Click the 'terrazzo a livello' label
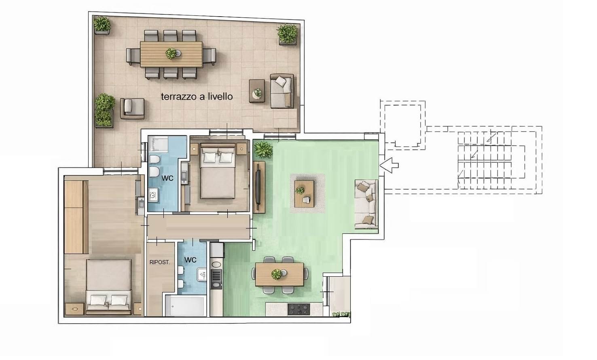[x=197, y=96]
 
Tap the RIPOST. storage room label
[x=159, y=263]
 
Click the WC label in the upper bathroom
[x=167, y=178]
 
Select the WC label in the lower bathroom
[x=190, y=260]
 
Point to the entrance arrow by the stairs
[x=389, y=165]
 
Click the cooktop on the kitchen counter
[x=299, y=309]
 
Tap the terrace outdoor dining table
[x=171, y=54]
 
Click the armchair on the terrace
[x=132, y=108]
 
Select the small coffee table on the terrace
[x=257, y=91]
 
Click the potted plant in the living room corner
[x=263, y=150]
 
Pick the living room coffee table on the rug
[x=304, y=194]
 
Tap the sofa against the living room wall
[x=366, y=204]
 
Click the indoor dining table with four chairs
[x=279, y=275]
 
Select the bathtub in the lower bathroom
[x=184, y=306]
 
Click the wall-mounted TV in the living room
[x=258, y=187]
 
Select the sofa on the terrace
[x=282, y=91]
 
